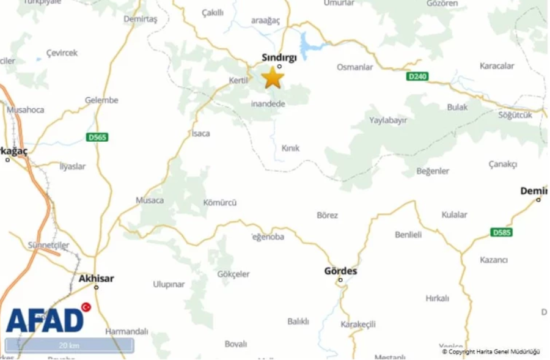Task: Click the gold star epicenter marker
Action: (x=273, y=78)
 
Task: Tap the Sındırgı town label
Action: (x=279, y=57)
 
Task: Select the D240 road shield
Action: (x=417, y=76)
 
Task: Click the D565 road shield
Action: (x=97, y=137)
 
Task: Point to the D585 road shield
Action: (x=501, y=232)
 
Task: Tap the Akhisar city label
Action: (x=97, y=279)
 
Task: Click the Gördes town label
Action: (x=341, y=271)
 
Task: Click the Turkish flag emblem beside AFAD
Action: (x=86, y=307)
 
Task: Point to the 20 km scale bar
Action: (x=69, y=345)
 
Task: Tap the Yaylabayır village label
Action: (x=387, y=120)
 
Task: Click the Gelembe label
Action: (x=101, y=100)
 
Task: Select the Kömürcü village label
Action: (x=219, y=203)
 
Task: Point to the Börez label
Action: (x=328, y=215)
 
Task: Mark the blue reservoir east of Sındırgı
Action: (x=307, y=44)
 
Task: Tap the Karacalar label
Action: (x=497, y=66)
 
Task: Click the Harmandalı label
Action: (x=127, y=331)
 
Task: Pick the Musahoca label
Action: (x=26, y=110)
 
